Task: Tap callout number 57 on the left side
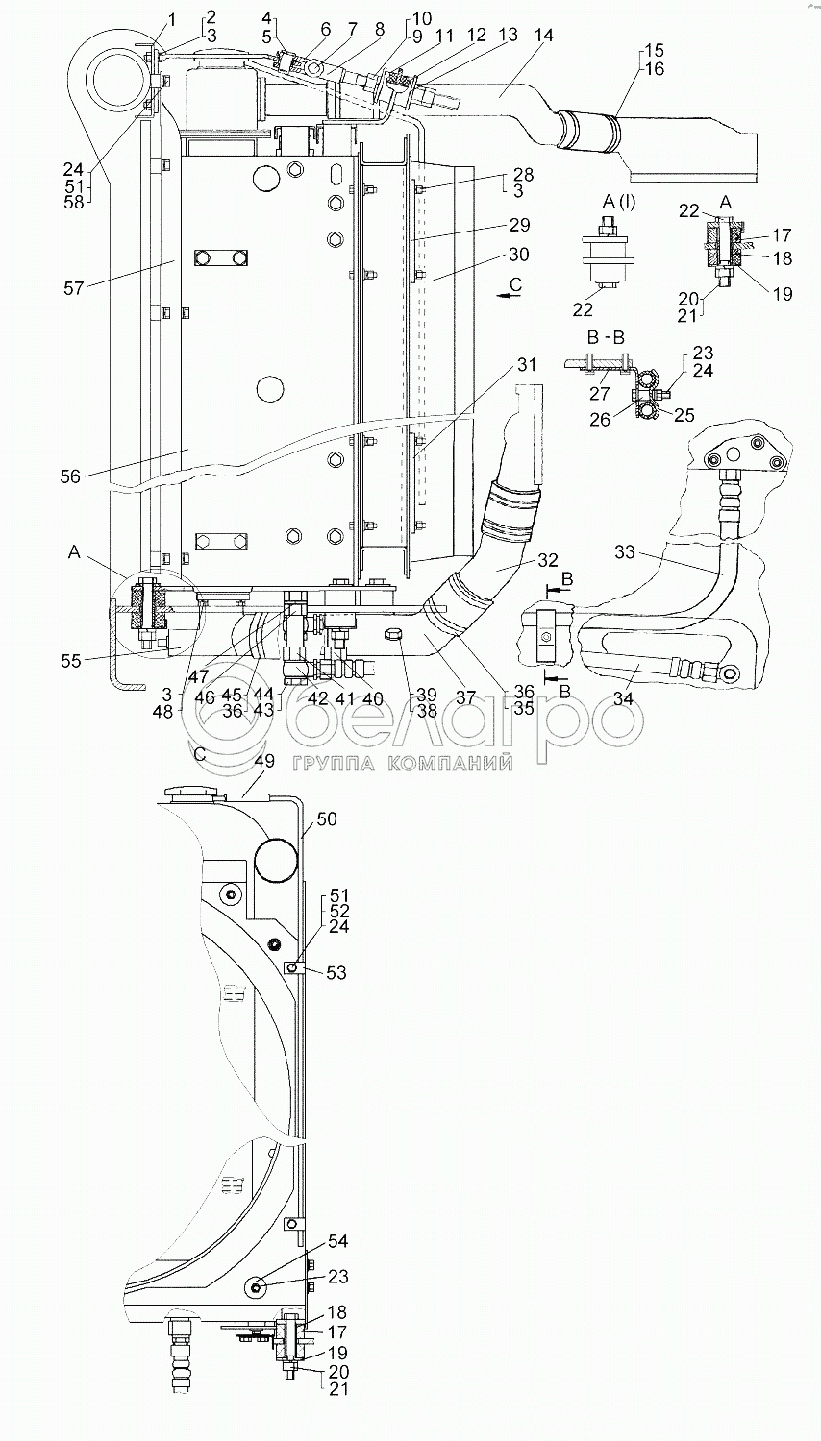coord(74,287)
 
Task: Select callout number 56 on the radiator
coord(70,476)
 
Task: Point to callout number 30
coord(518,255)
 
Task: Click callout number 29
coord(519,225)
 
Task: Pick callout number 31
coord(527,365)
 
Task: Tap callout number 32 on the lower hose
coord(547,560)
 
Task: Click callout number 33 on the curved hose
coord(625,552)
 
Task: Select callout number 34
coord(623,698)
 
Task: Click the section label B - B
coord(606,337)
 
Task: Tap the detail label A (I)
coord(619,203)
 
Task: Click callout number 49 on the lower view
coord(264,761)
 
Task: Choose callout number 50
coord(327,818)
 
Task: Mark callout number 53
coord(336,973)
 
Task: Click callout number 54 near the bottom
coord(338,1258)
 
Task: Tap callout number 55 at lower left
coord(71,661)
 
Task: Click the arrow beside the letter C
coord(509,295)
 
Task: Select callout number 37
coord(465,697)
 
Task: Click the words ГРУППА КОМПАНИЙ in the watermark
coord(403,764)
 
